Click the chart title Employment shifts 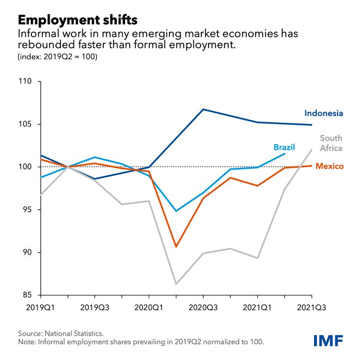[x=77, y=20]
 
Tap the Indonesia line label [x=323, y=113]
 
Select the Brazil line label [x=284, y=147]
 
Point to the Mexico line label [x=329, y=167]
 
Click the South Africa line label [x=331, y=143]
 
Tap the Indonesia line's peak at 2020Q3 [x=203, y=110]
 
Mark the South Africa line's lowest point [x=176, y=284]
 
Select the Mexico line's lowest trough [x=176, y=247]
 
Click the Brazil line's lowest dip [x=176, y=211]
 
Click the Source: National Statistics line [x=61, y=334]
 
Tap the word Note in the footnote [x=28, y=342]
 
